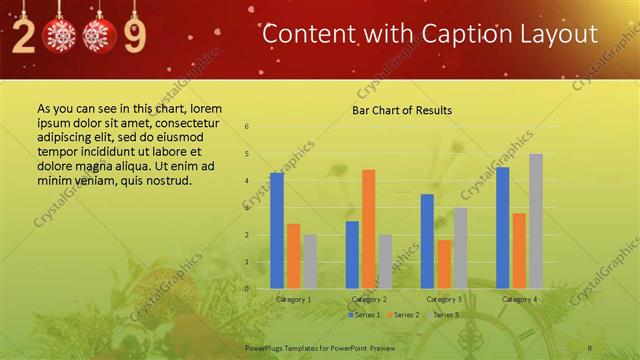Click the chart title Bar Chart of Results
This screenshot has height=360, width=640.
401,110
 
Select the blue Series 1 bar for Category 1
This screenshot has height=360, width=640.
277,230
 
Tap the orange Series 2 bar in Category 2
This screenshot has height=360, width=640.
369,229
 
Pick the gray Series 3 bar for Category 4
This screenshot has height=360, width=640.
536,221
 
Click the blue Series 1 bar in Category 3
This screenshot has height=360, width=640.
427,241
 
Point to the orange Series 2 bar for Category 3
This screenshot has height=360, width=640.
444,264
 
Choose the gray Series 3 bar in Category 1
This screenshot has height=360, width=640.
309,261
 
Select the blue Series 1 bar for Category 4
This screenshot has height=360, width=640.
503,227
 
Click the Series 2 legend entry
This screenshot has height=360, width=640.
403,315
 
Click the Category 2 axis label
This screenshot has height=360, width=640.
369,299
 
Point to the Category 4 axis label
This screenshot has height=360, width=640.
519,299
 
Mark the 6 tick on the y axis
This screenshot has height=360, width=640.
247,127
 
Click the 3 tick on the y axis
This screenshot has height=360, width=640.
247,208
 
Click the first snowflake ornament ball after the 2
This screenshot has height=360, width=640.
63,37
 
